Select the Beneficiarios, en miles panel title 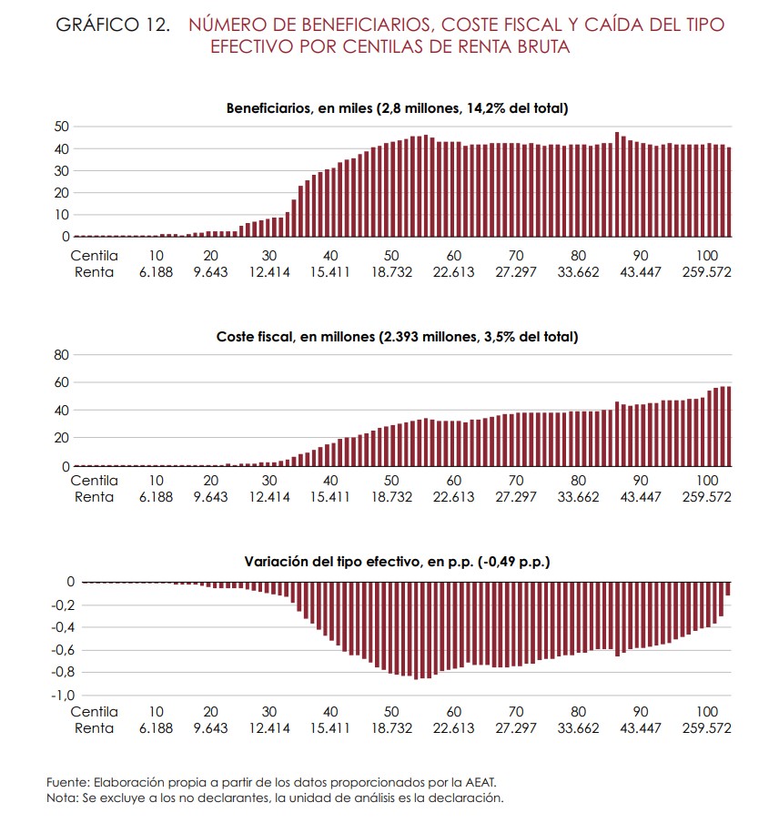pyautogui.click(x=396, y=108)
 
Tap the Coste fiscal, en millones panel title pyautogui.click(x=396, y=337)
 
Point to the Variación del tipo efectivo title pyautogui.click(x=396, y=563)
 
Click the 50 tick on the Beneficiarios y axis pyautogui.click(x=61, y=127)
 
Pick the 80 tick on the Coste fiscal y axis pyautogui.click(x=61, y=355)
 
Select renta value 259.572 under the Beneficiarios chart pyautogui.click(x=707, y=272)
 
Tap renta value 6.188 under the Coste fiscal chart pyautogui.click(x=157, y=497)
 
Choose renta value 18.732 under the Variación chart pyautogui.click(x=391, y=727)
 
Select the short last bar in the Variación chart pyautogui.click(x=729, y=589)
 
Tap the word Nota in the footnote pyautogui.click(x=62, y=798)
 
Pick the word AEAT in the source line pyautogui.click(x=480, y=783)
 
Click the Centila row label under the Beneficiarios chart pyautogui.click(x=94, y=256)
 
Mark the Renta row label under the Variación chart pyautogui.click(x=94, y=727)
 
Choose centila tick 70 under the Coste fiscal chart pyautogui.click(x=516, y=481)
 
